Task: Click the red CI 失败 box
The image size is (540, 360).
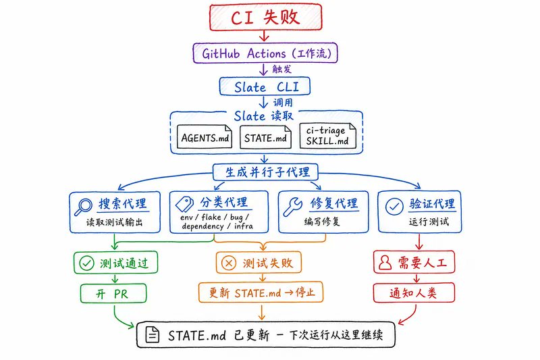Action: click(265, 18)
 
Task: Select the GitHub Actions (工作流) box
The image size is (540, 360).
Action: click(265, 53)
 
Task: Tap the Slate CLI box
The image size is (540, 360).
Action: click(265, 86)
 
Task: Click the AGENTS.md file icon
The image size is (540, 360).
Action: click(205, 136)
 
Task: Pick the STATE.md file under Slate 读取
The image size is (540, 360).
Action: click(265, 137)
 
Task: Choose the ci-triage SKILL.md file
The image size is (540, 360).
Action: click(327, 136)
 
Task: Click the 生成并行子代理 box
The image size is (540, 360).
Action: click(265, 172)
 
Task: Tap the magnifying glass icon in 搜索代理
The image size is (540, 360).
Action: click(83, 207)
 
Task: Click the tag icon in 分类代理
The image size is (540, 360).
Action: click(184, 204)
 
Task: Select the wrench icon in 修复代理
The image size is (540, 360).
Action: click(293, 207)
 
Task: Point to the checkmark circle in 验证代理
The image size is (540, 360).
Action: click(394, 207)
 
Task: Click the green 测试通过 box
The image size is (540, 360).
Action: click(115, 263)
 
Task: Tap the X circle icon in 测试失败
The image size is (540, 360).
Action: click(228, 263)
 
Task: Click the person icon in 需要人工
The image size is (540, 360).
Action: click(385, 263)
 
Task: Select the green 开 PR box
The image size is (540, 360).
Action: click(113, 294)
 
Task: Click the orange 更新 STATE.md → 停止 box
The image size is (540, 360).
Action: click(261, 293)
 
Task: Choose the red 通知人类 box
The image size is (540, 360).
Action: click(414, 293)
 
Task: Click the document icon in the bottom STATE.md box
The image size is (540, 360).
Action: click(153, 334)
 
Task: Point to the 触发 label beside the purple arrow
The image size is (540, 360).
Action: click(281, 69)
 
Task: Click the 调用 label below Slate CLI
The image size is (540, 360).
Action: click(283, 102)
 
